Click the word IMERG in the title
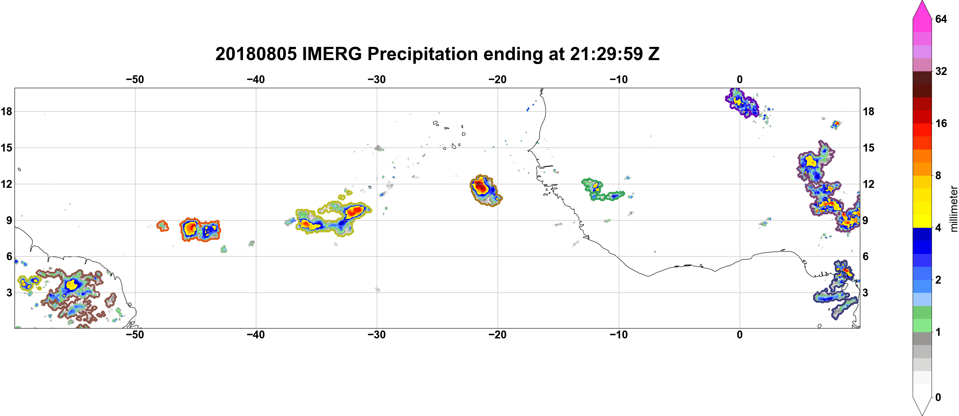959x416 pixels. coord(332,54)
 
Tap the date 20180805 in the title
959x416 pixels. coord(256,54)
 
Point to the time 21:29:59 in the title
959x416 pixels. coord(606,54)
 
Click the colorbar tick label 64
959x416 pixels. coord(941,19)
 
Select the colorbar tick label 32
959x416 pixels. coord(941,71)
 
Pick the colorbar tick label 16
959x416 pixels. coord(941,123)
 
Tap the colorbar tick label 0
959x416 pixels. coord(938,398)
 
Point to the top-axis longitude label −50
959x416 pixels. coord(135,80)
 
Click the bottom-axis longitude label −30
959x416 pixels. coord(377,335)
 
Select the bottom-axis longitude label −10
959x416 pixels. coord(619,335)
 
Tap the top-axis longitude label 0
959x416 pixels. coord(740,80)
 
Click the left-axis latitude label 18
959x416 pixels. coord(6,111)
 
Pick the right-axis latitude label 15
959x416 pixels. coord(869,148)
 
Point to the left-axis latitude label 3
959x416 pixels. coord(9,293)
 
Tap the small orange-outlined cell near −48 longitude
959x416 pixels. coord(162,225)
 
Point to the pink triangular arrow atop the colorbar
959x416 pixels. coord(922,9)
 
